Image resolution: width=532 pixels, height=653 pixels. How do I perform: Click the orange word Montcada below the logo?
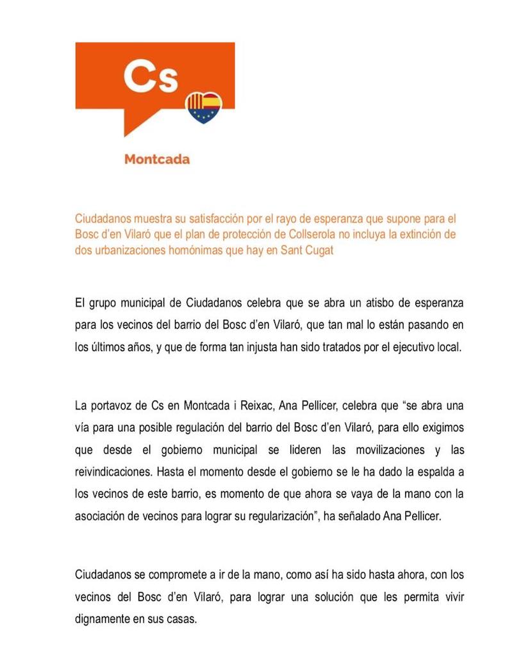coord(157,159)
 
